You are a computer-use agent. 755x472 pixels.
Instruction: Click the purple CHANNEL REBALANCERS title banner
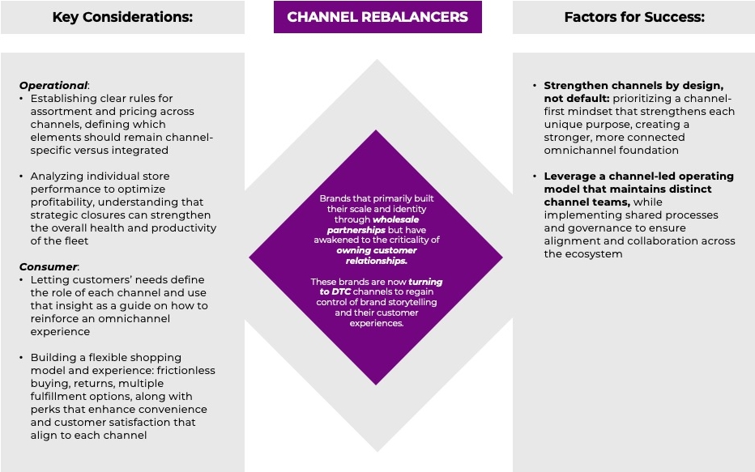point(377,17)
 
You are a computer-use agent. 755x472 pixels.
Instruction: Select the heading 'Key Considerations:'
point(122,17)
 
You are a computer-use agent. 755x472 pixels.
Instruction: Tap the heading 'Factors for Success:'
point(634,17)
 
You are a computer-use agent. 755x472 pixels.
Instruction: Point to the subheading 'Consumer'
point(48,266)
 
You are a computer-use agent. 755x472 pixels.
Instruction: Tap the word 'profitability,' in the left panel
point(67,202)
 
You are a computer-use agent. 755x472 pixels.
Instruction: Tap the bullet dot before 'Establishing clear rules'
point(23,98)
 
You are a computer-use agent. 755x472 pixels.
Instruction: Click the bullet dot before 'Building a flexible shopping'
point(23,357)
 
